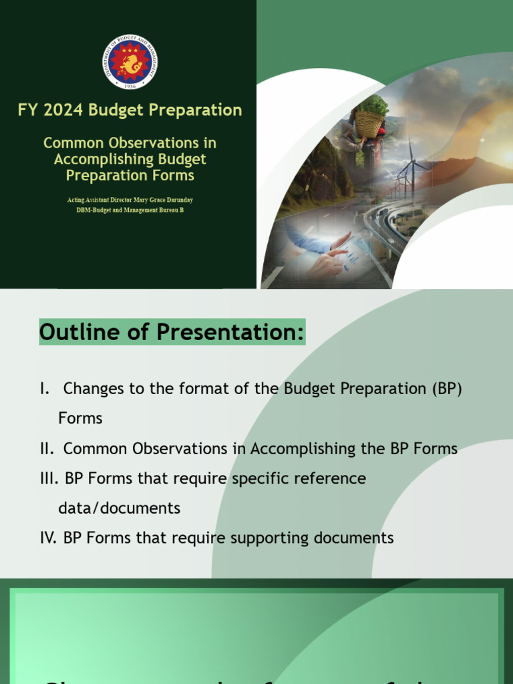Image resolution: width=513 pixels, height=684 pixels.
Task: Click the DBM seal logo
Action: tap(130, 61)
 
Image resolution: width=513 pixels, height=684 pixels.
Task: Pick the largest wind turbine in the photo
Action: tap(411, 167)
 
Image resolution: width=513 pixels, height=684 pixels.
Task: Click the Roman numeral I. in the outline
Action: tap(45, 389)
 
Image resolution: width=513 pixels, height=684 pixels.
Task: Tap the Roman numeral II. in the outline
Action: tap(47, 449)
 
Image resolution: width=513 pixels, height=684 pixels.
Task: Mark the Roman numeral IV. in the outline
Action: tap(48, 538)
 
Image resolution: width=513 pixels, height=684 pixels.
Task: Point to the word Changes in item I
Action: tap(93, 389)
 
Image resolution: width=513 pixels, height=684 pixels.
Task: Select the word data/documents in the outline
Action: tap(119, 508)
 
